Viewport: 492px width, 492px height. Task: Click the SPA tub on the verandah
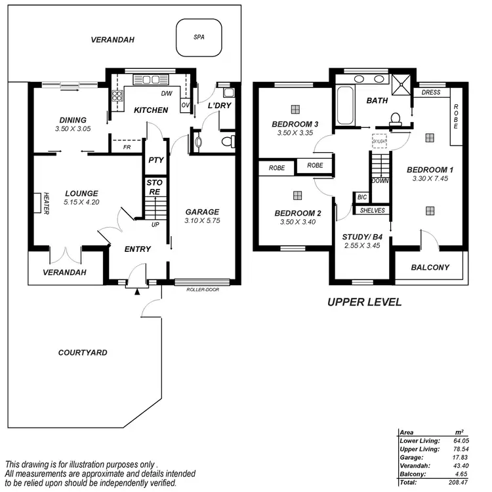click(x=199, y=38)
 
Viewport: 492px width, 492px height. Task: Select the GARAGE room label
click(x=201, y=212)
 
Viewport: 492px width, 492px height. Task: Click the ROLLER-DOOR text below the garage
click(x=203, y=289)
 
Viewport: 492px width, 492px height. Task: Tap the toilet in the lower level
click(x=226, y=141)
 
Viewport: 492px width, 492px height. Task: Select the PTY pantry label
click(x=155, y=159)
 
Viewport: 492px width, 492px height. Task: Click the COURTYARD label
click(x=83, y=353)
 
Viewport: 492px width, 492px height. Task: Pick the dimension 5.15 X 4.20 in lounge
click(x=81, y=203)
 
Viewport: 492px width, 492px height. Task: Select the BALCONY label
click(x=430, y=267)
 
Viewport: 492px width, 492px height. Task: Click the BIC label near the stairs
click(x=361, y=197)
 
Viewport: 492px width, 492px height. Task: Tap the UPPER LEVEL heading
click(x=364, y=302)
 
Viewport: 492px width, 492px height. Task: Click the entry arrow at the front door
click(x=137, y=292)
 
